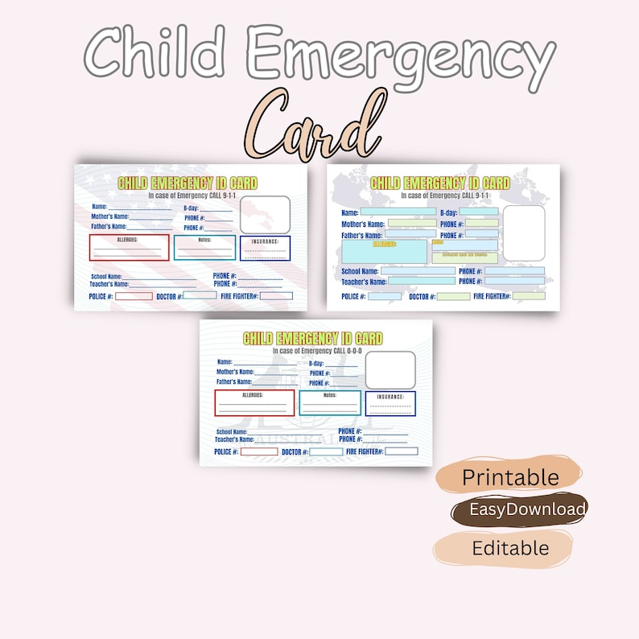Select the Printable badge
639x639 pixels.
coord(509,477)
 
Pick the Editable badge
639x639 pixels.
coord(509,549)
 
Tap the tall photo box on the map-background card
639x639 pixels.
coord(523,233)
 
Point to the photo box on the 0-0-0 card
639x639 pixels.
coord(390,370)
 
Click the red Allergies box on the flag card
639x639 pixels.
coord(129,247)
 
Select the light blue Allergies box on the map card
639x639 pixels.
coord(385,252)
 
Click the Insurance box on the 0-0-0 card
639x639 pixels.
coord(390,403)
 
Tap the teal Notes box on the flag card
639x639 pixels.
coord(204,247)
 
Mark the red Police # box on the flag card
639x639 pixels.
coord(134,296)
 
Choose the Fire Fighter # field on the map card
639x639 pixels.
coord(529,296)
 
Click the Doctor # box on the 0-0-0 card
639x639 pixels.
coord(325,451)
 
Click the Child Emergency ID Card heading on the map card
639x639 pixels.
coord(439,184)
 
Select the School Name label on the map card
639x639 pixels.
coord(360,271)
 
